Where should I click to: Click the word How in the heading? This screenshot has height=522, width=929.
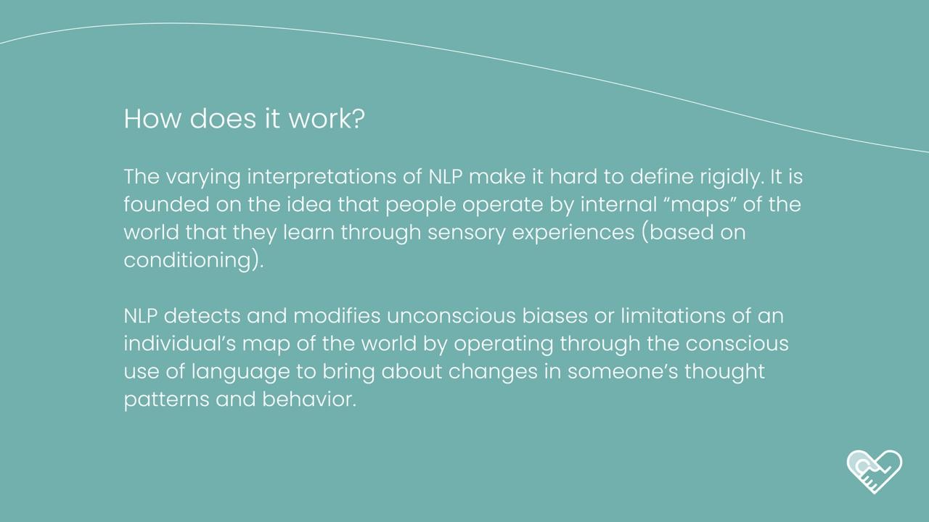[x=152, y=119]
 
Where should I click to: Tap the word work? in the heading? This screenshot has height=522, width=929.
[x=327, y=119]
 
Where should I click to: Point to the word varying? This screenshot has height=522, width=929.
[x=203, y=178]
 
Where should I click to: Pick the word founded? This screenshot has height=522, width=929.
[x=166, y=204]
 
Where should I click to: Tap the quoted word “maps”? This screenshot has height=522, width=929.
[x=700, y=205]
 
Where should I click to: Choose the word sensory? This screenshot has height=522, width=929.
[x=467, y=233]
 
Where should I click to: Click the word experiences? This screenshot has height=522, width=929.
[x=573, y=233]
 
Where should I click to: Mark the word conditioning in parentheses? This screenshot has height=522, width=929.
[x=187, y=261]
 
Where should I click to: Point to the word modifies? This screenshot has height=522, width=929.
[x=337, y=316]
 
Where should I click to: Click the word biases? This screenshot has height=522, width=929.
[x=554, y=316]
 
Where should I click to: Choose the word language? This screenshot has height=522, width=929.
[x=240, y=372]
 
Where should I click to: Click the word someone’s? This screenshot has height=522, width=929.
[x=623, y=372]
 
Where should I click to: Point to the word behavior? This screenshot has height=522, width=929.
[x=309, y=399]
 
